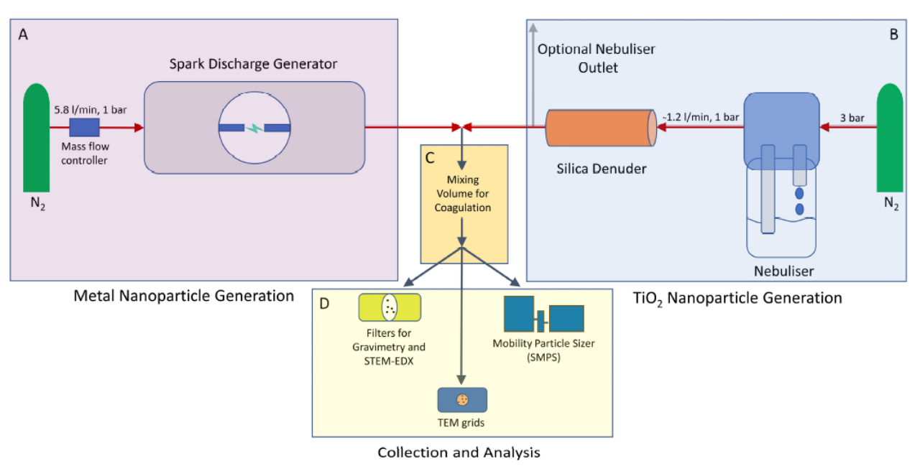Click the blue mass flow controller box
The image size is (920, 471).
[x=83, y=128]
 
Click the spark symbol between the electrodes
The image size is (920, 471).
[x=254, y=129]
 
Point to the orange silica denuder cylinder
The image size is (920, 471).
[x=601, y=128]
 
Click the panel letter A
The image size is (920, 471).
[x=24, y=36]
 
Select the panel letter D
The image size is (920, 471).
[x=324, y=304]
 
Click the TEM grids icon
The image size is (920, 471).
[x=462, y=400]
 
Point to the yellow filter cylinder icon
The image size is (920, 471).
[x=390, y=307]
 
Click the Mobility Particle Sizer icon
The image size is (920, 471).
[x=543, y=314]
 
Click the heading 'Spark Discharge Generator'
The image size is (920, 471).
[x=253, y=64]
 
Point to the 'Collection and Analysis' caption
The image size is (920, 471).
[x=459, y=452]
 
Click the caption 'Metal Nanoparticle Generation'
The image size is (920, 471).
[x=184, y=295]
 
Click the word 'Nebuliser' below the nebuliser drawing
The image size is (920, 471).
[x=783, y=271]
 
